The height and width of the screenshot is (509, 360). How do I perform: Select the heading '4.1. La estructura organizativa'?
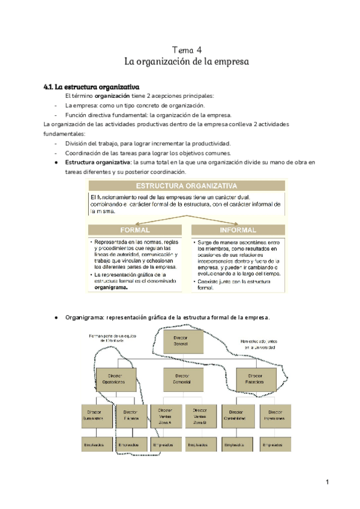pyautogui.click(x=91, y=86)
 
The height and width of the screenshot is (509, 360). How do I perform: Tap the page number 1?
pyautogui.click(x=328, y=482)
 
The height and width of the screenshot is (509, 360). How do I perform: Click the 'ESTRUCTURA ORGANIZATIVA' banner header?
pyautogui.click(x=186, y=185)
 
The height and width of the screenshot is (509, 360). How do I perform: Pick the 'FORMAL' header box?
pyautogui.click(x=135, y=230)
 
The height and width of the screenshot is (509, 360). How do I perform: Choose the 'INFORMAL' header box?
pyautogui.click(x=238, y=230)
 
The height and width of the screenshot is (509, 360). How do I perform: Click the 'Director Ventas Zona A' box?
pyautogui.click(x=166, y=416)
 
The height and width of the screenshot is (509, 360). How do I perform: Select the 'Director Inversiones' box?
pyautogui.click(x=274, y=416)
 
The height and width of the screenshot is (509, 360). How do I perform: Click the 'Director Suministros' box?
pyautogui.click(x=95, y=416)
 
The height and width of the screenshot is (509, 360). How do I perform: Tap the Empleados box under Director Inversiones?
pyautogui.click(x=274, y=445)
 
